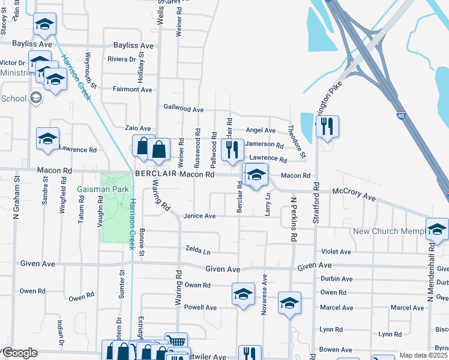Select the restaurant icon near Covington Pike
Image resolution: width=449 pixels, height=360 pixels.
click(327, 127)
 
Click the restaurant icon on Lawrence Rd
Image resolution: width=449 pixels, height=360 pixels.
click(232, 150)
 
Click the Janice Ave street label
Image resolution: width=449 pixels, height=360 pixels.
click(199, 216)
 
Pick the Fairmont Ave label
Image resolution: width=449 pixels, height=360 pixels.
click(133, 89)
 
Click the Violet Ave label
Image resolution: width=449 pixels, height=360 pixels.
click(336, 252)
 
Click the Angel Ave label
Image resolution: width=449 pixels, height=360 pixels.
click(261, 130)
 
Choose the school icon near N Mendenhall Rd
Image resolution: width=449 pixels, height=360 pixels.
click(437, 229)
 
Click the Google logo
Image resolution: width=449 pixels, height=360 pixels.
click(19, 353)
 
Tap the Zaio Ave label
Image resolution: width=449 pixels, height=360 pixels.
click(137, 128)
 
